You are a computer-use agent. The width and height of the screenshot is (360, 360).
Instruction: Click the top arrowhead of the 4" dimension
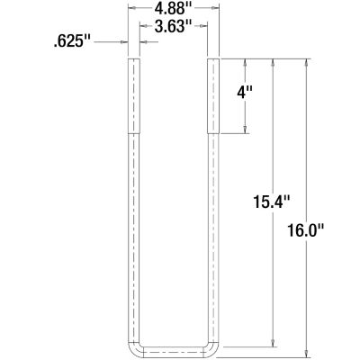[245, 62]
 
